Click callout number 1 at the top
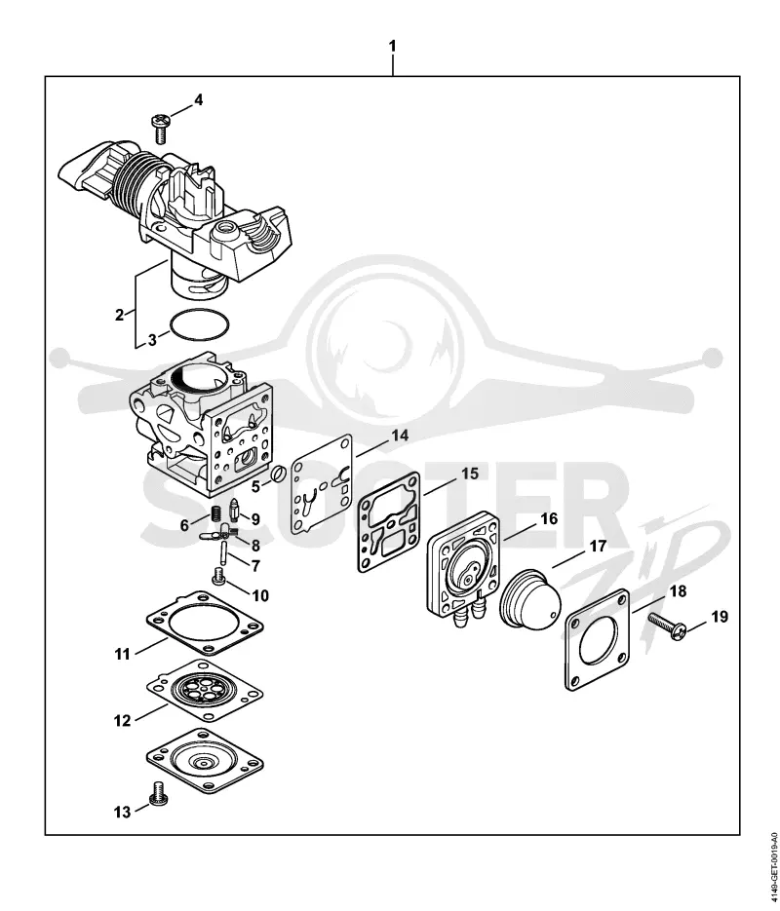click(x=392, y=46)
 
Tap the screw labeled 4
click(x=159, y=129)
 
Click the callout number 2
click(x=120, y=315)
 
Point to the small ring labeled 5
click(x=277, y=474)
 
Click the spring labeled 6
click(x=215, y=513)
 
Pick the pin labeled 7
click(x=223, y=551)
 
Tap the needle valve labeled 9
click(x=235, y=510)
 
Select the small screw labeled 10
click(x=219, y=577)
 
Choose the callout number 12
click(x=122, y=720)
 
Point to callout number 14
click(x=400, y=436)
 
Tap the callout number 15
click(x=470, y=474)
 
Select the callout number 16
click(x=549, y=518)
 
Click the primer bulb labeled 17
click(x=531, y=599)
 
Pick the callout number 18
click(x=678, y=590)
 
